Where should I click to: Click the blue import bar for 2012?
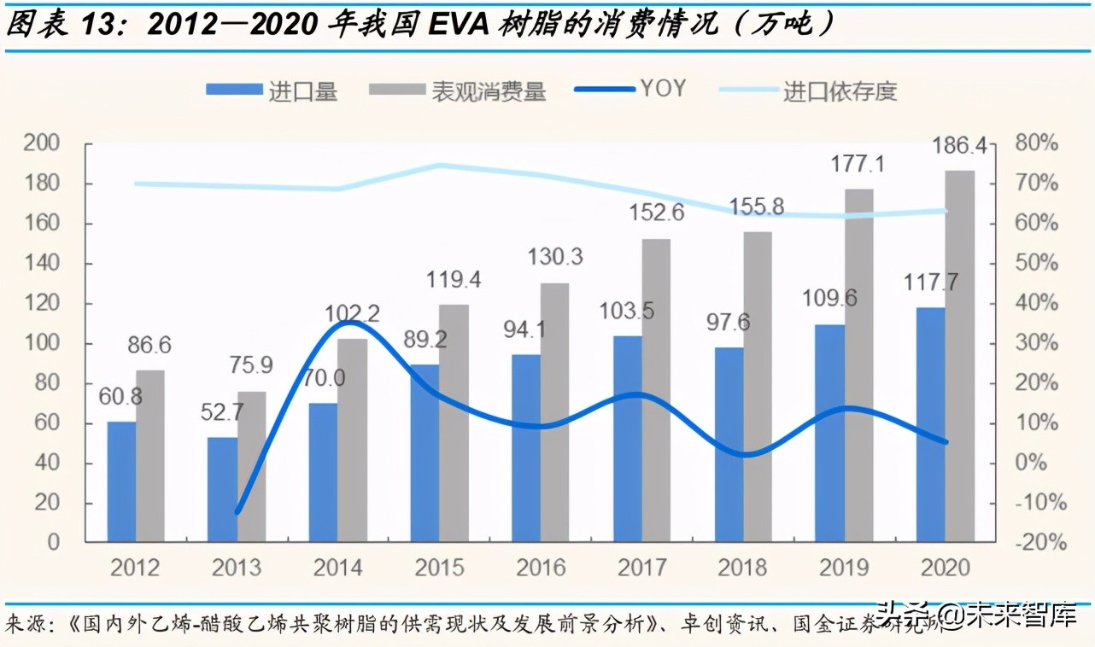pyautogui.click(x=122, y=481)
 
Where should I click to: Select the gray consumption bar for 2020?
pyautogui.click(x=960, y=355)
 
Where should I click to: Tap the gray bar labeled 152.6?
pyautogui.click(x=656, y=389)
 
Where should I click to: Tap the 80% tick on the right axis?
pyautogui.click(x=1035, y=143)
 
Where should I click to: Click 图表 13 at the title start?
pyautogui.click(x=64, y=26)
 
